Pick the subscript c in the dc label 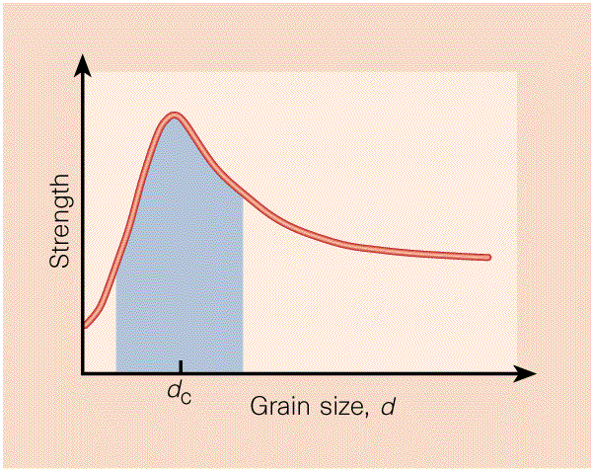coord(185,398)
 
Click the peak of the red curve coord(175,117)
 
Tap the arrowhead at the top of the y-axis coord(85,61)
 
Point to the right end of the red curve coord(487,257)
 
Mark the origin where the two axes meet coord(85,374)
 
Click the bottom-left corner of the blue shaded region coord(116,372)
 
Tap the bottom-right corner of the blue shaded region coord(243,372)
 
